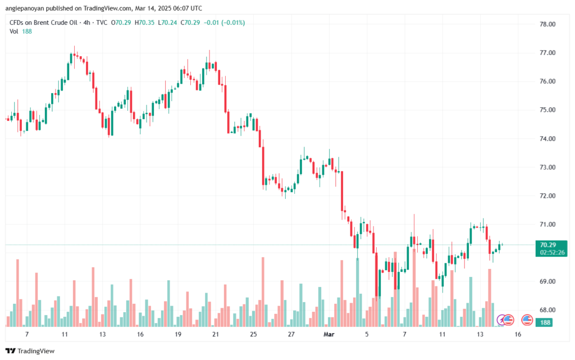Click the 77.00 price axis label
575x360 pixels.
pos(547,53)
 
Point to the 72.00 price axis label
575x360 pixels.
pos(547,195)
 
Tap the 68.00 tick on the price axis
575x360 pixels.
pos(547,309)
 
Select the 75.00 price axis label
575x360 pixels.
pos(547,110)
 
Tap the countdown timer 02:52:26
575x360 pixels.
pos(552,253)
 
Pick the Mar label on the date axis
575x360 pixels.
pos(328,334)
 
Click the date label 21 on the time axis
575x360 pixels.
pos(216,334)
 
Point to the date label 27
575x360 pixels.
pos(291,334)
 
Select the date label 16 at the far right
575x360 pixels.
pos(518,334)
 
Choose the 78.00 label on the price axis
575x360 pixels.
pos(547,25)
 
